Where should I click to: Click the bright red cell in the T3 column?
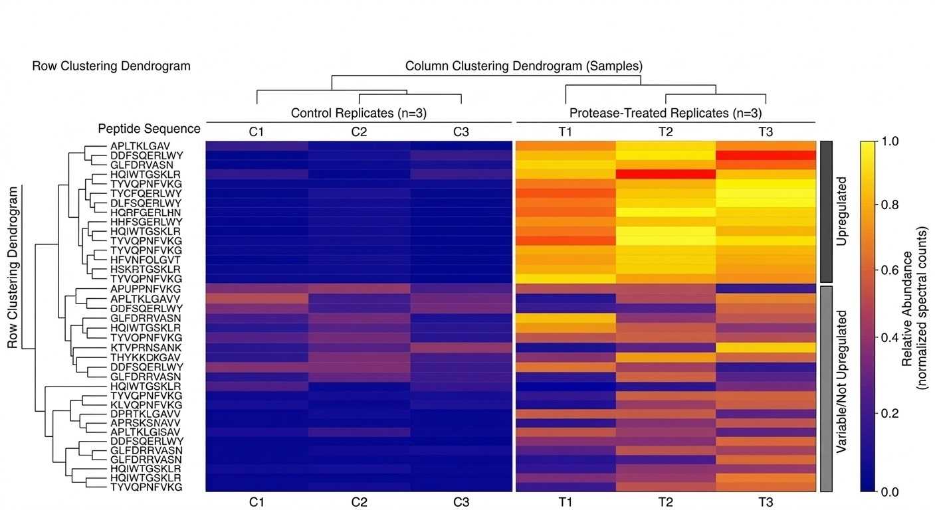[x=766, y=155]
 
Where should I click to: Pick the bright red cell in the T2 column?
[x=666, y=174]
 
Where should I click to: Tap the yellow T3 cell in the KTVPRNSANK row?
[x=766, y=347]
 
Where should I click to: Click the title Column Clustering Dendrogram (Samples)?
[x=524, y=66]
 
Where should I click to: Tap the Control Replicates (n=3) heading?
[x=359, y=113]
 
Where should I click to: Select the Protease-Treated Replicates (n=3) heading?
[x=666, y=113]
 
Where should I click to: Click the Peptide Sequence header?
[x=149, y=128]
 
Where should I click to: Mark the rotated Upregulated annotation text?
[x=842, y=211]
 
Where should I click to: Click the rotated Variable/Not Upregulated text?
[x=842, y=388]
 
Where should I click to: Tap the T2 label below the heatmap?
[x=666, y=503]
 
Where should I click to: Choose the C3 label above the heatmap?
[x=461, y=131]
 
